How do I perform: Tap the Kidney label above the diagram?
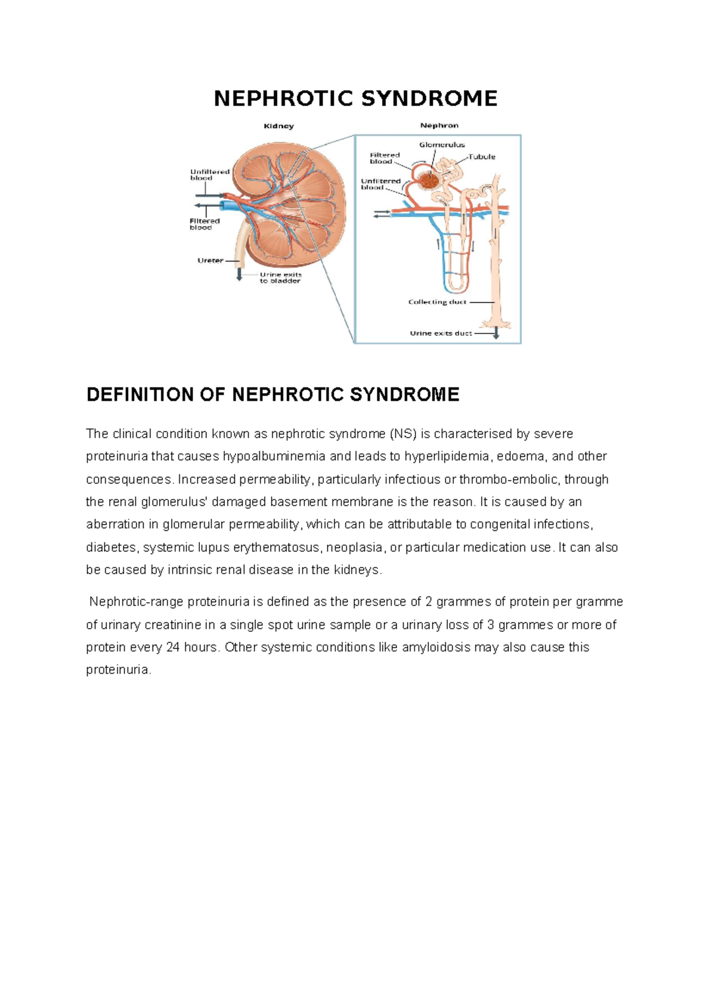(278, 126)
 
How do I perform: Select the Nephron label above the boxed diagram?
(439, 125)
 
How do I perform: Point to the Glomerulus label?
(442, 145)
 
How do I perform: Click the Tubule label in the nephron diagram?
(482, 157)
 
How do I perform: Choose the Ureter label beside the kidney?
(210, 260)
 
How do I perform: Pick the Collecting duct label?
(437, 302)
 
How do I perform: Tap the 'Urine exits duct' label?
(441, 333)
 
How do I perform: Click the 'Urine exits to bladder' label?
(280, 278)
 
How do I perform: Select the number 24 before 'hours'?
(173, 647)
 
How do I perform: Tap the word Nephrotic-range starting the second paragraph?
(136, 602)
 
